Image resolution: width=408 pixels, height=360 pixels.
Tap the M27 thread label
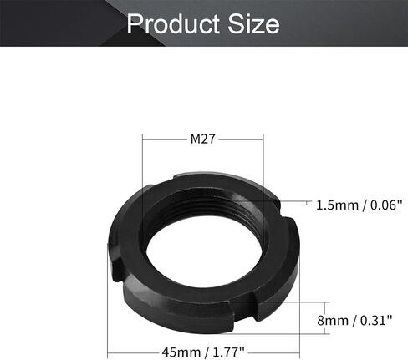point(204,139)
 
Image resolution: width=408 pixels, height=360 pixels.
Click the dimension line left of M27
point(167,139)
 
